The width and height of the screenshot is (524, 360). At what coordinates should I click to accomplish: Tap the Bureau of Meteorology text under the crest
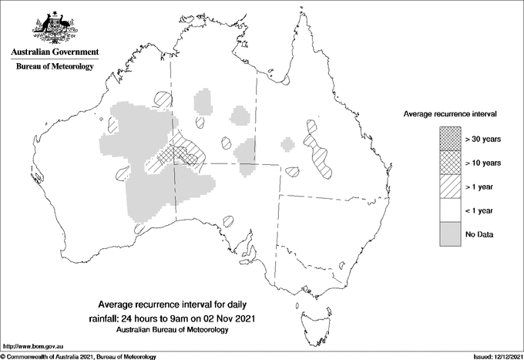pos(55,67)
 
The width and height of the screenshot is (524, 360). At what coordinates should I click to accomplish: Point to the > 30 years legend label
pos(483,139)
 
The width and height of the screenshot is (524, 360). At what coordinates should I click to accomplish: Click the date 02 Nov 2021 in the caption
pos(230,318)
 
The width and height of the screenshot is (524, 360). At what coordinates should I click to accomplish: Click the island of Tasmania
pos(311,315)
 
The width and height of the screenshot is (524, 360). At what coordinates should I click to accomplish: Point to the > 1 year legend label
pos(481,187)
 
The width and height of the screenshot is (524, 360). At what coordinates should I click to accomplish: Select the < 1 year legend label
pos(481,210)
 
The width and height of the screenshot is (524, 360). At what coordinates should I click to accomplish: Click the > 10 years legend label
pos(483,163)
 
